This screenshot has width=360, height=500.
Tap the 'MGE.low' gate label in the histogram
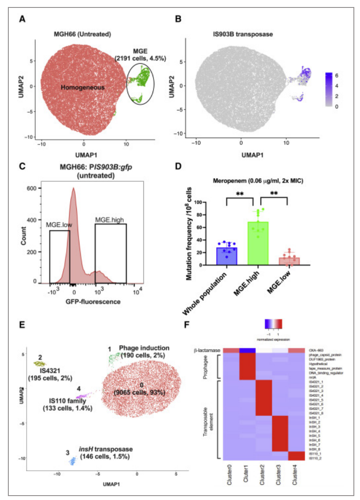[x=60, y=225]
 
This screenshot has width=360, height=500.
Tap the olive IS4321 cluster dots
[x=40, y=364]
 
